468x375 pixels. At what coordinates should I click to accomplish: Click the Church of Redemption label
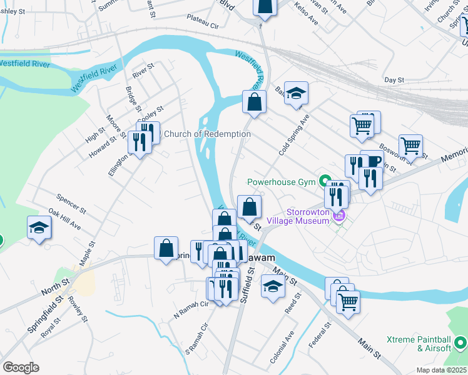[x=207, y=134]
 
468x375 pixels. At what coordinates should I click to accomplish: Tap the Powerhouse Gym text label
[x=282, y=182]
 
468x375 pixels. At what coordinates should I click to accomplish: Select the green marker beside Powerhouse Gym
[x=325, y=182]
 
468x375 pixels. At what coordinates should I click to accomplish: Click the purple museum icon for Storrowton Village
[x=339, y=216]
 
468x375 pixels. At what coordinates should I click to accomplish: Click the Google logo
[x=21, y=367]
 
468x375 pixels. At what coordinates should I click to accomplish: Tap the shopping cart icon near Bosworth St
[x=410, y=146]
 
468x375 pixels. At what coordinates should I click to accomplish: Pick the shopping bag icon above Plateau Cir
[x=265, y=7]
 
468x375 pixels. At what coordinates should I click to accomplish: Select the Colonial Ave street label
[x=281, y=345]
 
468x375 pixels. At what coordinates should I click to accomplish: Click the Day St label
[x=395, y=80]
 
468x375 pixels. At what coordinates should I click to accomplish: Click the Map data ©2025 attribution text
[x=441, y=370]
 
